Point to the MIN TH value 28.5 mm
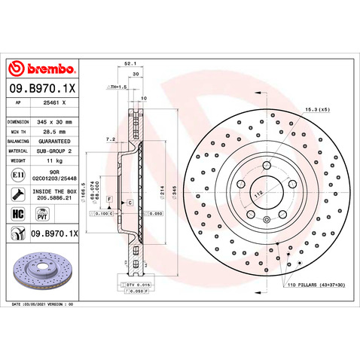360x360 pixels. (x=56, y=130)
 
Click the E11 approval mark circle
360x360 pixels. (x=17, y=175)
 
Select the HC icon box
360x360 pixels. (x=17, y=214)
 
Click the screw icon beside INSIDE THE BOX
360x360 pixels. (x=17, y=194)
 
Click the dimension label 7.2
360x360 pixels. (x=111, y=139)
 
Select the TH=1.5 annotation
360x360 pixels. (x=118, y=87)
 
